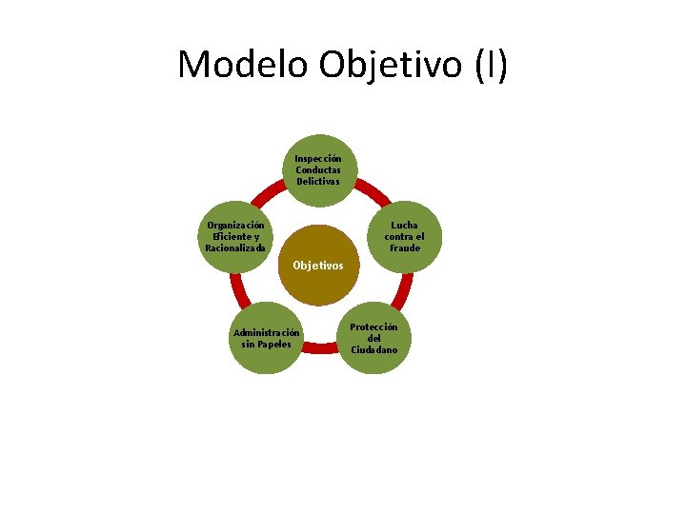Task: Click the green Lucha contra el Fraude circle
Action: coord(405,237)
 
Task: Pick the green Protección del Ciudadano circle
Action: coord(374,338)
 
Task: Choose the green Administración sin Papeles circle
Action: coord(267,338)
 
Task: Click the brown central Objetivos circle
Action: coord(318,265)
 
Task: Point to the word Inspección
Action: coord(318,158)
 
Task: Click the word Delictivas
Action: coord(318,181)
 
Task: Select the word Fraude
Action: coord(405,248)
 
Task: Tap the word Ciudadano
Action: coord(374,350)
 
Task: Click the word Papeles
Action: coord(273,344)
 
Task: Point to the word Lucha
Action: coord(405,226)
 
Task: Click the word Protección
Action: coord(374,326)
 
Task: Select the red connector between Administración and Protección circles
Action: coord(321,361)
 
